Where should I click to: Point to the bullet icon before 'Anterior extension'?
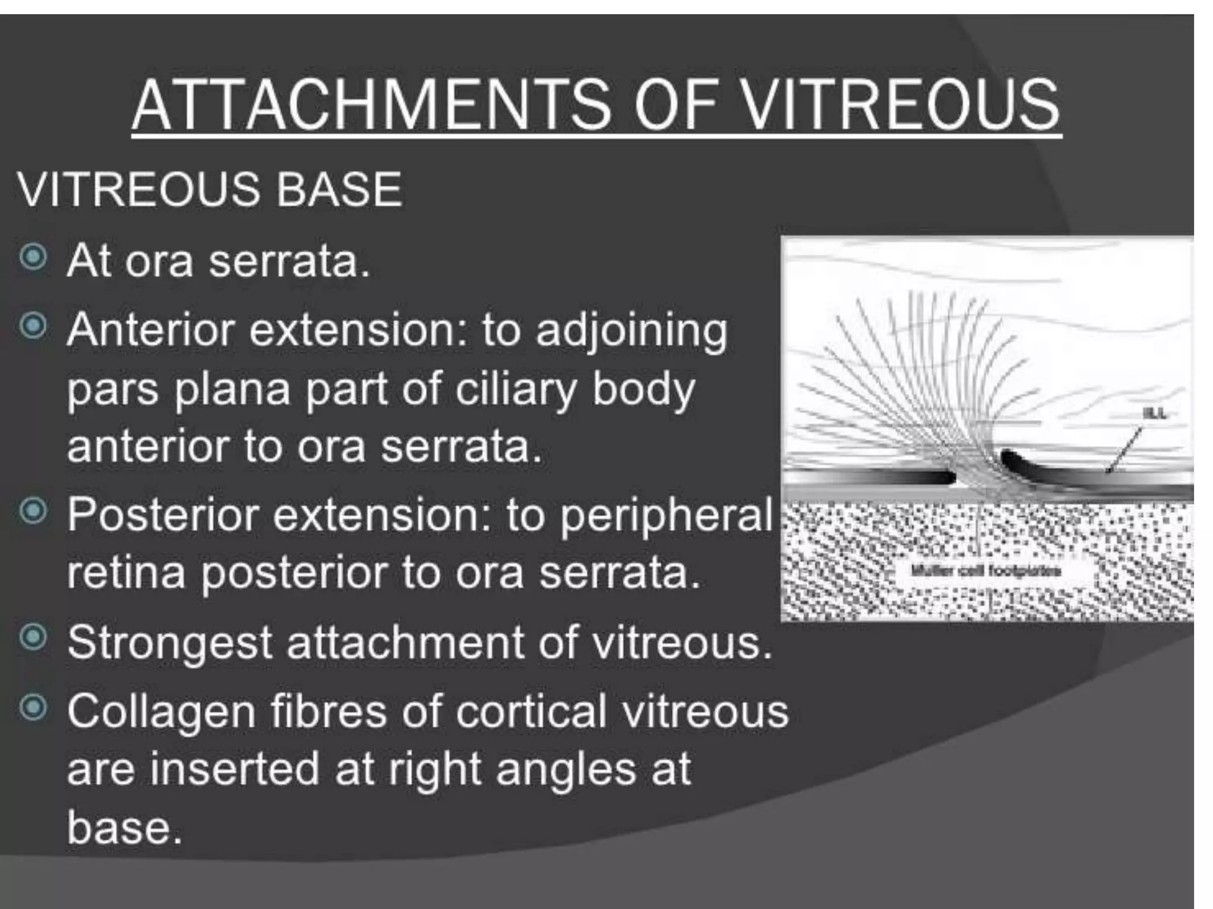click(x=33, y=326)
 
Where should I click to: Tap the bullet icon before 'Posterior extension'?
click(x=33, y=511)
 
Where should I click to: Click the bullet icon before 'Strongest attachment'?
click(x=33, y=638)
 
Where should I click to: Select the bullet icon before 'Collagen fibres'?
click(x=33, y=707)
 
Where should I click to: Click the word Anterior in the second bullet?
click(x=150, y=329)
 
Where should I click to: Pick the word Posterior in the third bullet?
click(x=162, y=514)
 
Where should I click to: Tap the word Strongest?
click(x=169, y=643)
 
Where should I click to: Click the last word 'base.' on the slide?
click(x=124, y=827)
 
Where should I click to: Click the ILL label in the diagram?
click(x=1154, y=413)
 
